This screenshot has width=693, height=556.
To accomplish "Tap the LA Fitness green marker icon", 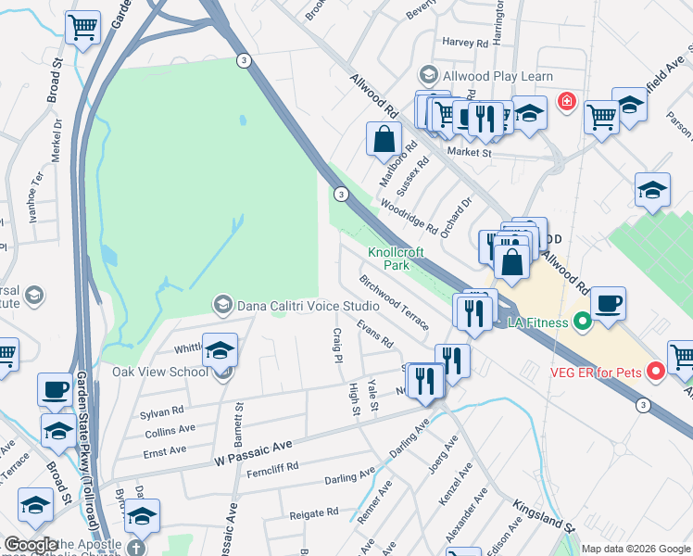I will coord(582,322).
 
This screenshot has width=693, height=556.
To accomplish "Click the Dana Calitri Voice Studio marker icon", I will coord(222,304).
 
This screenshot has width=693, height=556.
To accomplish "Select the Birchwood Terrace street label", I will coord(396,302).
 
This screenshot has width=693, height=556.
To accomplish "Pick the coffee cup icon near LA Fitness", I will coord(608,304).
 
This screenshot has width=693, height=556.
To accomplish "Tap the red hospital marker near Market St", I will coord(566,101).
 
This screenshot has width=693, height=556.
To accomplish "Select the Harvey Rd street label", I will coord(465,43).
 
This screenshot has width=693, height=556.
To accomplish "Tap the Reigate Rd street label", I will coord(315,512).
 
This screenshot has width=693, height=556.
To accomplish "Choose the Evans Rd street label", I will coord(376,335).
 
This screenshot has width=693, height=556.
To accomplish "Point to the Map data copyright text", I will coord(635,548).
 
